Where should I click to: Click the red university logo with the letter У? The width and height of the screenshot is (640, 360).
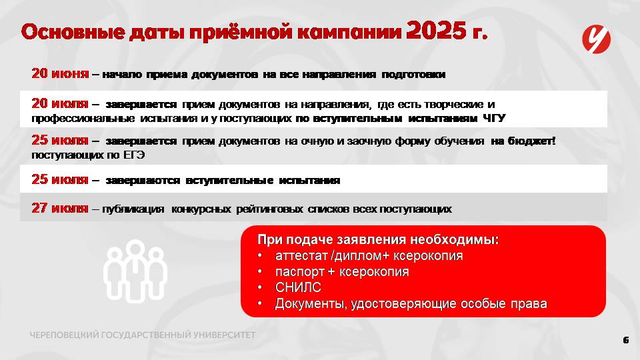[x=596, y=39]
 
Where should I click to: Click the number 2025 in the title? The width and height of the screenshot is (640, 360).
[x=436, y=30]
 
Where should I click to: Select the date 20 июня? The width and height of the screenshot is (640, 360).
[x=60, y=73]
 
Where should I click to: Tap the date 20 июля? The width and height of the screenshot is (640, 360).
[x=60, y=104]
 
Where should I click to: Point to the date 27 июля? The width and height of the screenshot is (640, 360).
[x=60, y=208]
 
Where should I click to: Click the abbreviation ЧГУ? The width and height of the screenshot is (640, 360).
[x=494, y=119]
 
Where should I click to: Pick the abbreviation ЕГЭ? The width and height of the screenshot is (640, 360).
[x=134, y=155]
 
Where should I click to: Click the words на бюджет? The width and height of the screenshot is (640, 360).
[x=523, y=141]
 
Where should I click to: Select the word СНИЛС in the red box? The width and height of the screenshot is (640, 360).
[x=298, y=287]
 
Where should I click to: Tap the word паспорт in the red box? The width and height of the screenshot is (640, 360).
[x=299, y=272]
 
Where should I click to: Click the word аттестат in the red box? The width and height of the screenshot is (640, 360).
[x=301, y=256]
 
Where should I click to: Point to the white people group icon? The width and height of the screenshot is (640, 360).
[x=135, y=271]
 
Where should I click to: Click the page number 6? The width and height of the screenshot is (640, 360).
[x=626, y=340]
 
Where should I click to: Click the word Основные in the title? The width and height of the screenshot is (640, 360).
[x=73, y=32]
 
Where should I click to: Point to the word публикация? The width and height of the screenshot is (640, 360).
[x=133, y=209]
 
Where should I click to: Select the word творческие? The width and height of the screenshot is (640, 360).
[x=454, y=105]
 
